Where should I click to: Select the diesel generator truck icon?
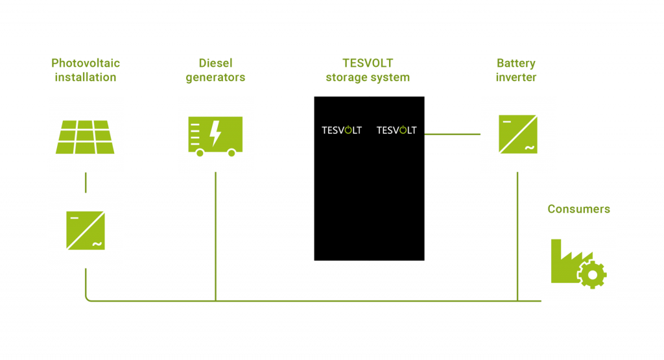[215, 135]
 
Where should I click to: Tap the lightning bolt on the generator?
[216, 134]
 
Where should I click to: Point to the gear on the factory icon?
[592, 275]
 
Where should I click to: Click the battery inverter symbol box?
[517, 134]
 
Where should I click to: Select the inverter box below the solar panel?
[86, 230]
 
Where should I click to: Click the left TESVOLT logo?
[342, 130]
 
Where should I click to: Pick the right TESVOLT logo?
[396, 130]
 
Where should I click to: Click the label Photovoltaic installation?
[86, 70]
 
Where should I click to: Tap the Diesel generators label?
[215, 70]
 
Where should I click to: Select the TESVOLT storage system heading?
[368, 70]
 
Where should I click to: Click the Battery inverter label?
[516, 70]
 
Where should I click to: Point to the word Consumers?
[578, 209]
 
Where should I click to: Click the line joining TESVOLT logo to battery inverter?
[452, 134]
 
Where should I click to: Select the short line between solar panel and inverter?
[86, 182]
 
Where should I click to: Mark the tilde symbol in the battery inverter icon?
[529, 148]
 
